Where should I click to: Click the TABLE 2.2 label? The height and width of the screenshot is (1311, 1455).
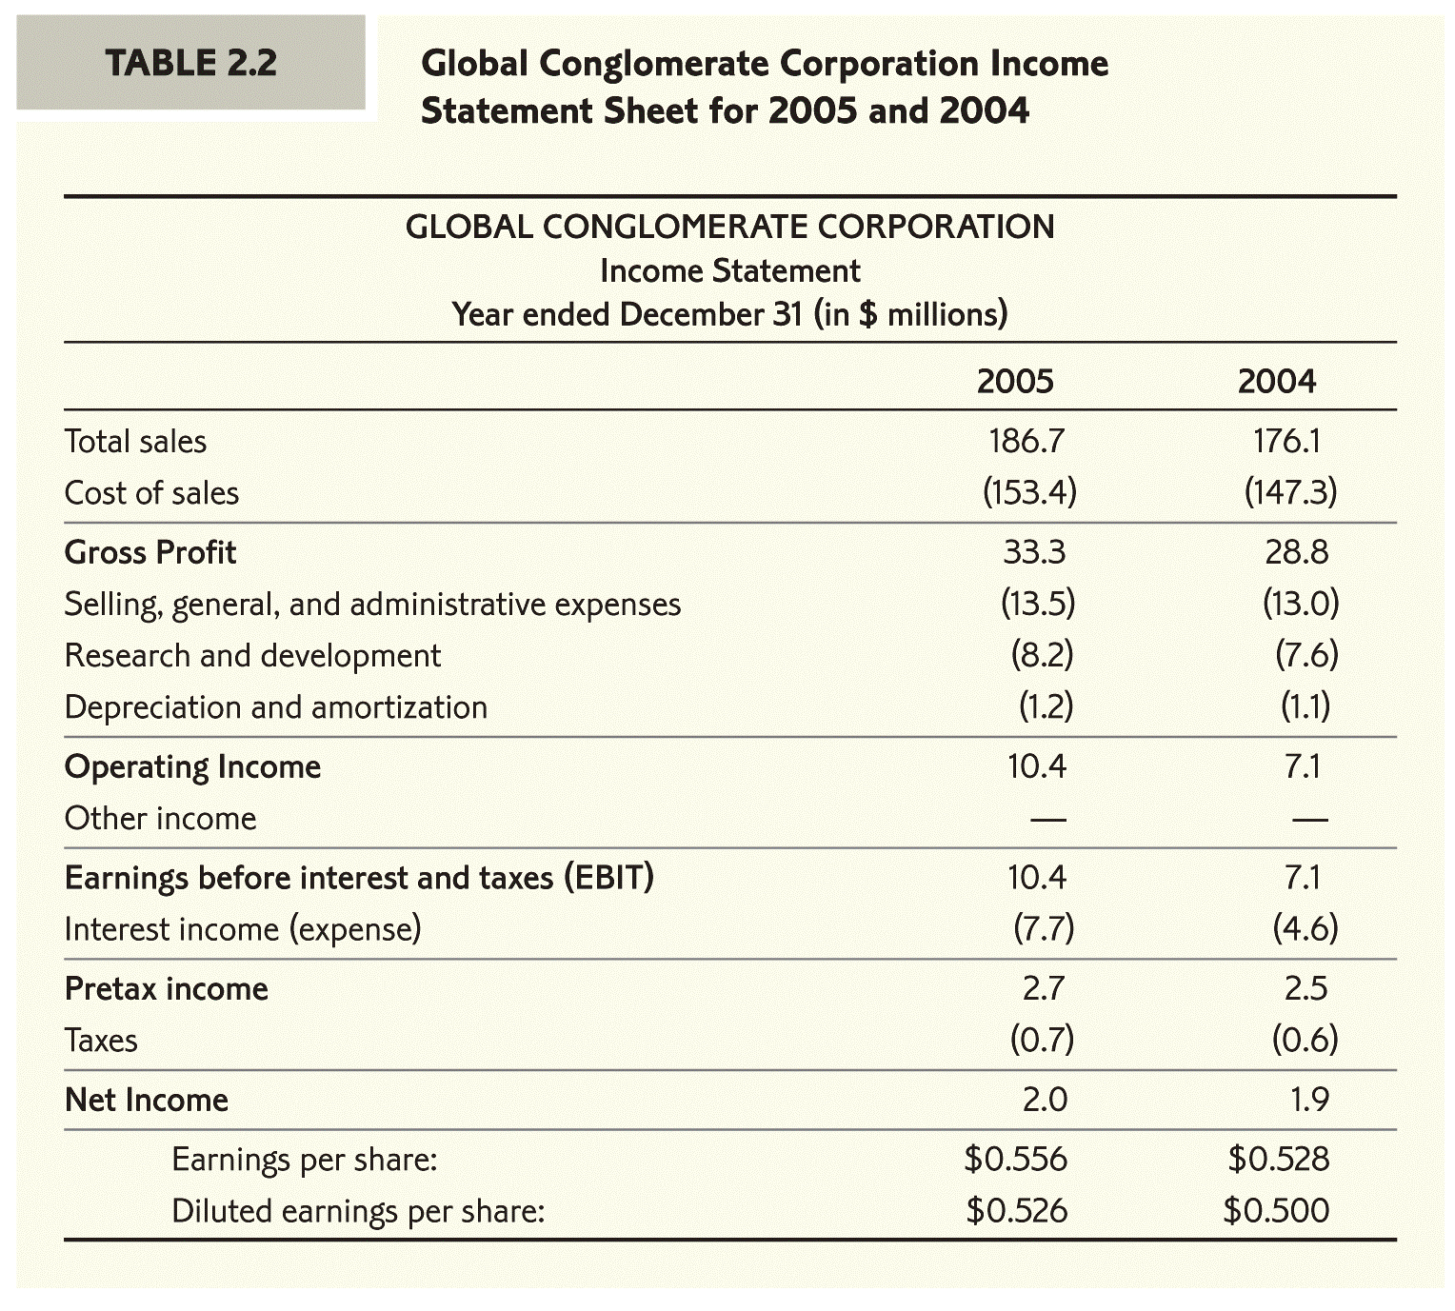click(x=190, y=63)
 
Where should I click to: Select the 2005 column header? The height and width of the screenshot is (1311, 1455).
click(x=1015, y=381)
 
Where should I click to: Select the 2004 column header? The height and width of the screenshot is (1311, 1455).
click(x=1276, y=381)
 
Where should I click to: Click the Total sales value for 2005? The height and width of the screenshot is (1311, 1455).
click(x=1026, y=441)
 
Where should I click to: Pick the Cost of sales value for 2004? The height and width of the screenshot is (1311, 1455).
click(x=1290, y=492)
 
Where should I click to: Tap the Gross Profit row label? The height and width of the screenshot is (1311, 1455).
click(x=150, y=552)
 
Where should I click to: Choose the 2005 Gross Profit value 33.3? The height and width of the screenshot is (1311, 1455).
click(x=1034, y=552)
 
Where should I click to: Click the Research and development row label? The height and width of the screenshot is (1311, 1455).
click(x=252, y=656)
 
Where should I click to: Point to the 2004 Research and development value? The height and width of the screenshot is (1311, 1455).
click(x=1306, y=655)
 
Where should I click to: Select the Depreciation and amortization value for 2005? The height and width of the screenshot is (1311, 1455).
click(x=1046, y=706)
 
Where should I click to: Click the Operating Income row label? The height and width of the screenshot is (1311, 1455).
click(x=192, y=766)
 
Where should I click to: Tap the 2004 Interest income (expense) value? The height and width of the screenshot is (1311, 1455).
click(x=1306, y=928)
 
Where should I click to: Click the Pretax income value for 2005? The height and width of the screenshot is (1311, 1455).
click(x=1043, y=988)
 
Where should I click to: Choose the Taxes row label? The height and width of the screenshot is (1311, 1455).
click(x=101, y=1041)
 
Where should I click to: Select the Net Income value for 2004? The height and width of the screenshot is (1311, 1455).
click(x=1309, y=1100)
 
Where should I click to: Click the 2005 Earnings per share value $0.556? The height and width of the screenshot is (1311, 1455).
click(x=1015, y=1159)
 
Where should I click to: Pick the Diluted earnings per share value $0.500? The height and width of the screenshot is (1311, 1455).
click(x=1276, y=1210)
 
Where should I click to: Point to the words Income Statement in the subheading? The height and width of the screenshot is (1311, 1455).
click(x=729, y=271)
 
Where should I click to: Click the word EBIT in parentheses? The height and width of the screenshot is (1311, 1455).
click(x=608, y=877)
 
